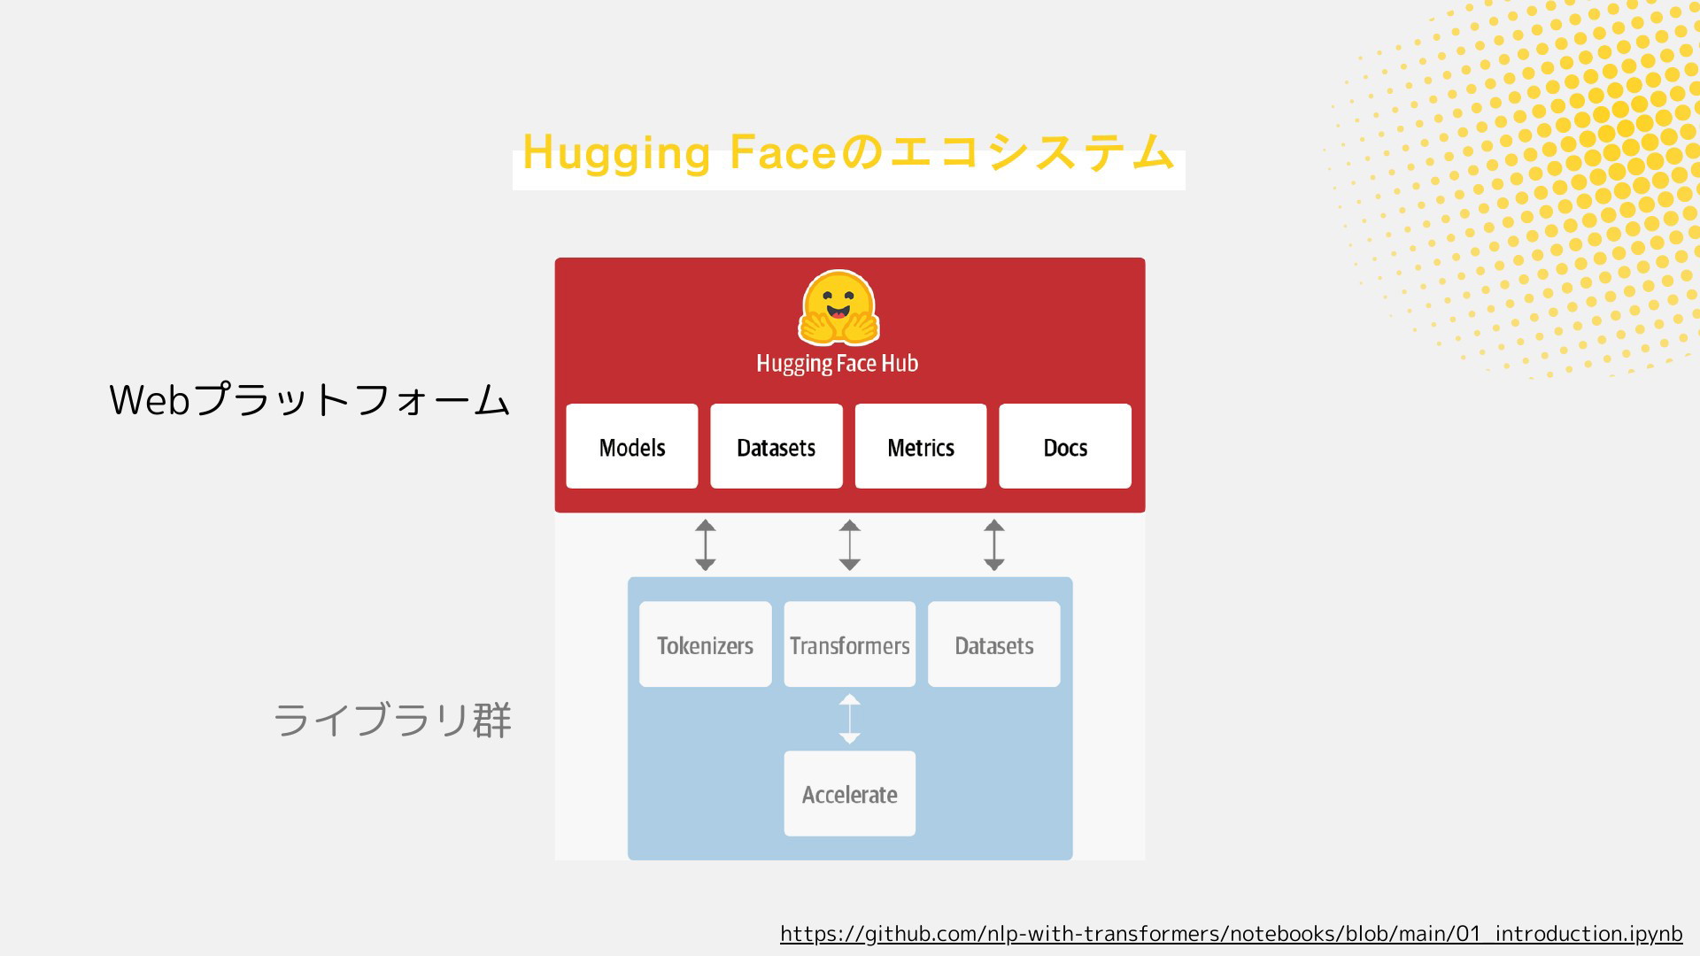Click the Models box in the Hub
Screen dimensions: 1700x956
pyautogui.click(x=632, y=446)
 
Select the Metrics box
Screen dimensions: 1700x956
pyautogui.click(x=921, y=446)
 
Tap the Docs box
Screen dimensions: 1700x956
pyautogui.click(x=1065, y=446)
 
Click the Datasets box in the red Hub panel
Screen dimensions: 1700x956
pyautogui.click(x=777, y=446)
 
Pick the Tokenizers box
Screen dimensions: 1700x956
pyautogui.click(x=706, y=644)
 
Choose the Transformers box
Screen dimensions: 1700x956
pyautogui.click(x=850, y=644)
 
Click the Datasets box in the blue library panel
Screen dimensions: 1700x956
pyautogui.click(x=994, y=644)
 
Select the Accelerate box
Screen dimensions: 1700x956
pyautogui.click(x=850, y=793)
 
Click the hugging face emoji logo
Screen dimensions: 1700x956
pyautogui.click(x=838, y=308)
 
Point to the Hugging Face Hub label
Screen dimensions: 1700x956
pyautogui.click(x=838, y=364)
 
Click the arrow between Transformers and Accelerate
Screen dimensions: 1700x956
pyautogui.click(x=850, y=719)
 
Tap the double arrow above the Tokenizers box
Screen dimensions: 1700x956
pyautogui.click(x=706, y=545)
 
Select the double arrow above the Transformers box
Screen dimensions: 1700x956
pyautogui.click(x=850, y=545)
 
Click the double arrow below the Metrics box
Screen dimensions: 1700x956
pyautogui.click(x=994, y=545)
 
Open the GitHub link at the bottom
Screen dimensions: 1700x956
pyautogui.click(x=1232, y=934)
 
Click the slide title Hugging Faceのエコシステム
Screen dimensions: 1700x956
pyautogui.click(x=848, y=152)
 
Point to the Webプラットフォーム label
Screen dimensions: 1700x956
pyautogui.click(x=310, y=400)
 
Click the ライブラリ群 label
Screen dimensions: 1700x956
pyautogui.click(x=392, y=720)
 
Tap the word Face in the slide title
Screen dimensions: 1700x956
pyautogui.click(x=784, y=151)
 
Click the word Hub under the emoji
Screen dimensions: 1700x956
pyautogui.click(x=900, y=363)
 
